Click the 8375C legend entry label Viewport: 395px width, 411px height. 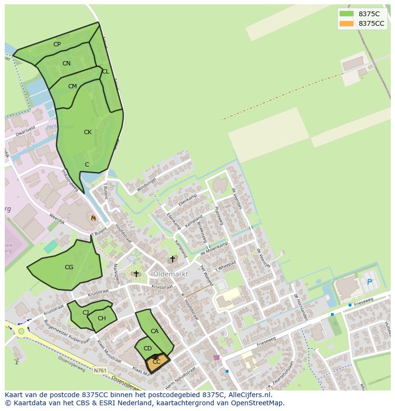(x=369, y=14)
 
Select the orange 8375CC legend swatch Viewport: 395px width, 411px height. (x=346, y=23)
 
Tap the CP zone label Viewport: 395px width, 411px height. (x=57, y=44)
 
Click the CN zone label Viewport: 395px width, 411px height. (x=66, y=63)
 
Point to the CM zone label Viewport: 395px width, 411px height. (x=72, y=86)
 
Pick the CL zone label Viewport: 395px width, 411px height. (x=105, y=72)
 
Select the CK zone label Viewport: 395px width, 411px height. (x=87, y=132)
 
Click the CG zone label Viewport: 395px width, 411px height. (x=69, y=267)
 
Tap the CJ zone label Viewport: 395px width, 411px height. (x=85, y=313)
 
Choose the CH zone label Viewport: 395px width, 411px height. (x=102, y=318)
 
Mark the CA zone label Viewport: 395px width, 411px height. (x=155, y=331)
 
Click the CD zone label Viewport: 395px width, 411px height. (x=147, y=348)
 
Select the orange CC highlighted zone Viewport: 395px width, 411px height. (x=157, y=363)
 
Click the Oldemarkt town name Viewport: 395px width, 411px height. (x=170, y=274)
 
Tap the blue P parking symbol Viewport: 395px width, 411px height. (x=369, y=282)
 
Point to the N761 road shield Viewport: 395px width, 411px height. (x=100, y=370)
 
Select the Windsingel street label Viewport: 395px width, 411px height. (x=146, y=183)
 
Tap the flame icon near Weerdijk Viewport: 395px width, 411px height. (x=94, y=218)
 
